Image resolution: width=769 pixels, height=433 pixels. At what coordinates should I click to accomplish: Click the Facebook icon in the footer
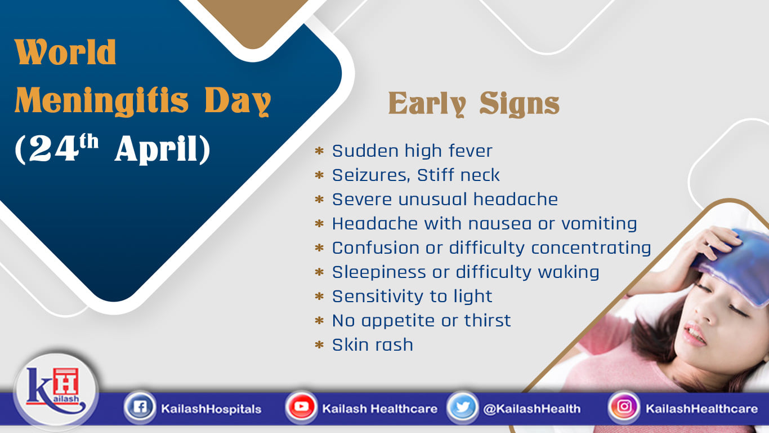pyautogui.click(x=140, y=408)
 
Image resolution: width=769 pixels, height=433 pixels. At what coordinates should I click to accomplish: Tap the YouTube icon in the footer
pyautogui.click(x=301, y=408)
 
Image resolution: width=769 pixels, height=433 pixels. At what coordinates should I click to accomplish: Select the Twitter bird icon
pyautogui.click(x=462, y=408)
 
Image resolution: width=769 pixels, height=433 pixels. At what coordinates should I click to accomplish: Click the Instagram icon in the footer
pyautogui.click(x=624, y=408)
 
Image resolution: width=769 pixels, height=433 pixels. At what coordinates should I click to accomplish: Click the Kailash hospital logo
pyautogui.click(x=56, y=391)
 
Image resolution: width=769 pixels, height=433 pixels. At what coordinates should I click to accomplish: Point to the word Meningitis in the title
pyautogui.click(x=102, y=100)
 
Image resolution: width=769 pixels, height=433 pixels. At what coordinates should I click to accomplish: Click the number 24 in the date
pyautogui.click(x=53, y=148)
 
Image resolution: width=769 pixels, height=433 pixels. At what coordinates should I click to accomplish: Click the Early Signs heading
pyautogui.click(x=474, y=104)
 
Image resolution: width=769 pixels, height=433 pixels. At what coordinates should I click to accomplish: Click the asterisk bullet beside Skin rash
pyautogui.click(x=319, y=344)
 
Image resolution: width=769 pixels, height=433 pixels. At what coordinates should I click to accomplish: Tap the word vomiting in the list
pyautogui.click(x=599, y=224)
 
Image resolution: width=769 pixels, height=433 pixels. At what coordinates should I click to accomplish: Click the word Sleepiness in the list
pyautogui.click(x=379, y=273)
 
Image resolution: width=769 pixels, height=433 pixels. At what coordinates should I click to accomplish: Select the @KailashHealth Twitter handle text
pyautogui.click(x=531, y=409)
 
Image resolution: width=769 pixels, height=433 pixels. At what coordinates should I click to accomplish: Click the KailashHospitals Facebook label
pyautogui.click(x=211, y=409)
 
